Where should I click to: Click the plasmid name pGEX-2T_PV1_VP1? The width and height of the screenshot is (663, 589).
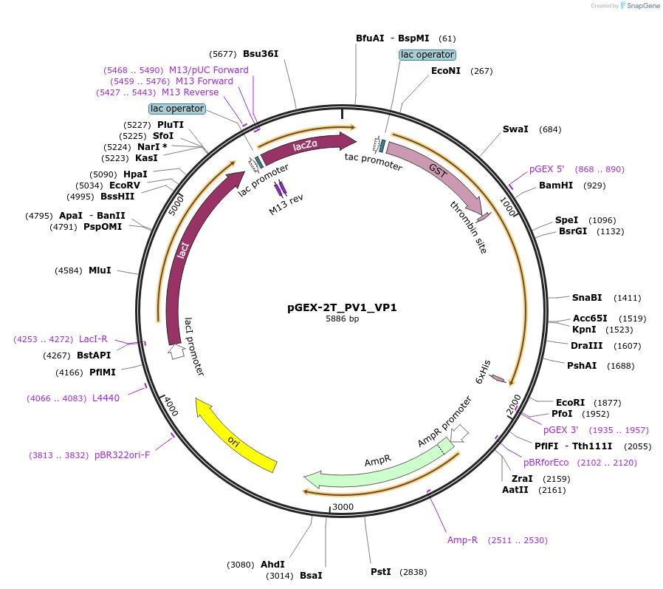tap(342, 307)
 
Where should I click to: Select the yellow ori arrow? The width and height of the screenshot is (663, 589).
tap(234, 437)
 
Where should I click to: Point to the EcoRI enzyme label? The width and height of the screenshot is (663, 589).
tap(570, 402)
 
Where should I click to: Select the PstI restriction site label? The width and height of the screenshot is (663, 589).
tap(381, 572)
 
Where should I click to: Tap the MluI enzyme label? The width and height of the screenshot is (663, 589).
tap(100, 270)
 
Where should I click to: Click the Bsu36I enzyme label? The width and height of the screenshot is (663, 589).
tap(261, 54)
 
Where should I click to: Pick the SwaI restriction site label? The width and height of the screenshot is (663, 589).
tap(515, 129)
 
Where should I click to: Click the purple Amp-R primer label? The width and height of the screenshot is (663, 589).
tap(463, 540)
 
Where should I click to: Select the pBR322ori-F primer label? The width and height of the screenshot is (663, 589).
tap(122, 455)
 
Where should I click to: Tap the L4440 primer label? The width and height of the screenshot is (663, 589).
tap(106, 398)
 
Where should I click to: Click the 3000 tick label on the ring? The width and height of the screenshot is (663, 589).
tap(343, 506)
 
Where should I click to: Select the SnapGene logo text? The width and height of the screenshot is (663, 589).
tap(641, 6)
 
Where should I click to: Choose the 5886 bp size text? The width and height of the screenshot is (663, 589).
tap(342, 319)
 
